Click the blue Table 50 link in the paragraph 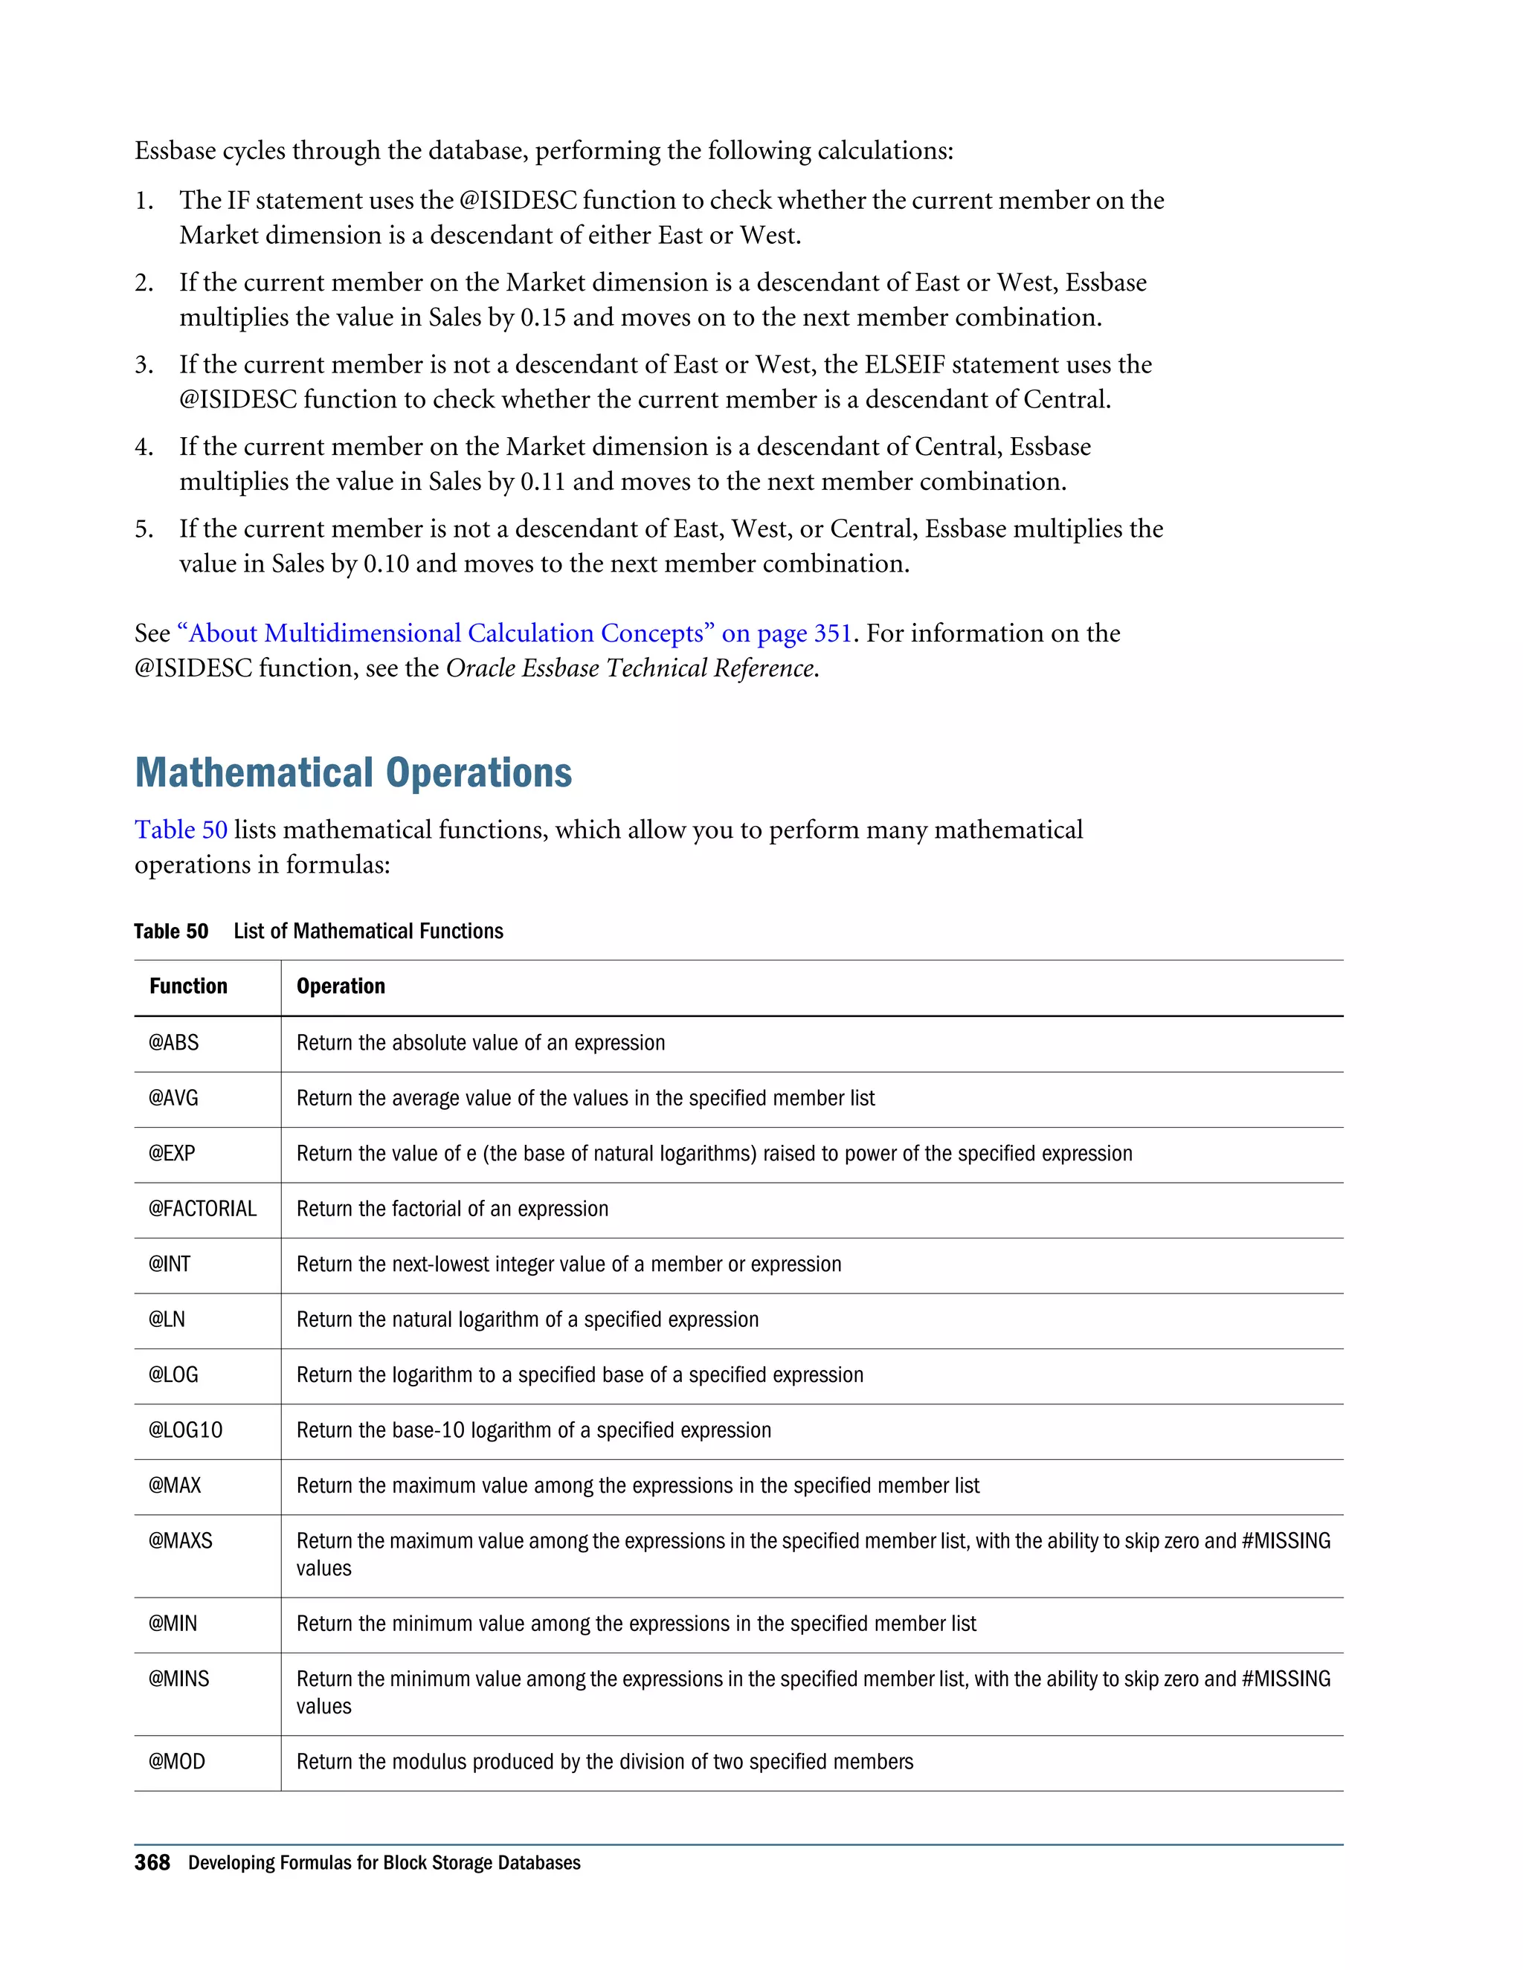click(181, 830)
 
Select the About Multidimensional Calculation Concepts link click(515, 633)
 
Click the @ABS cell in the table click(173, 1043)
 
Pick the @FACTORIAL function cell click(202, 1209)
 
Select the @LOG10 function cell click(185, 1430)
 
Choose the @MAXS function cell click(181, 1540)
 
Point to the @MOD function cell click(177, 1762)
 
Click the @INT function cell click(170, 1264)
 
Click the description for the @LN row click(527, 1320)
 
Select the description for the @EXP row click(714, 1154)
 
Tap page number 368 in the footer click(152, 1863)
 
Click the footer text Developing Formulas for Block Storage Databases click(384, 1864)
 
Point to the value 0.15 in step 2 click(543, 317)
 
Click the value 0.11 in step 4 click(543, 482)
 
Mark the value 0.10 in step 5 click(386, 563)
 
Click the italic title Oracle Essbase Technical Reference click(630, 668)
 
